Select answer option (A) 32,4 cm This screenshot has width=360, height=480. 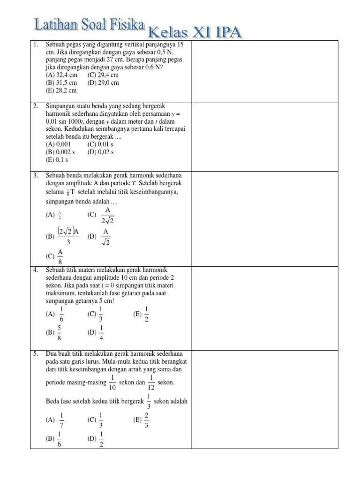61,75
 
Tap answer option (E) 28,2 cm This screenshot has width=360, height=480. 61,90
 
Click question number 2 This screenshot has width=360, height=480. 36,106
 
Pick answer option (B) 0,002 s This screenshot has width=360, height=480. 60,152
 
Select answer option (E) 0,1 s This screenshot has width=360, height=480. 57,160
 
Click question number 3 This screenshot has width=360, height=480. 36,175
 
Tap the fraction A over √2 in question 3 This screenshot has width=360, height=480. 106,237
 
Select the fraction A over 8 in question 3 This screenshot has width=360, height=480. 60,256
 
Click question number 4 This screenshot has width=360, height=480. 36,270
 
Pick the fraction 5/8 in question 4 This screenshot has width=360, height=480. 60,332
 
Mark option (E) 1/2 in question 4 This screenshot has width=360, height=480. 146,314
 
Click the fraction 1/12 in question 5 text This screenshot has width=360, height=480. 151,382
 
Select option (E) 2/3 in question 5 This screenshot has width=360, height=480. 146,420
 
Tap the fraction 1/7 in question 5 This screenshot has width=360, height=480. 61,420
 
